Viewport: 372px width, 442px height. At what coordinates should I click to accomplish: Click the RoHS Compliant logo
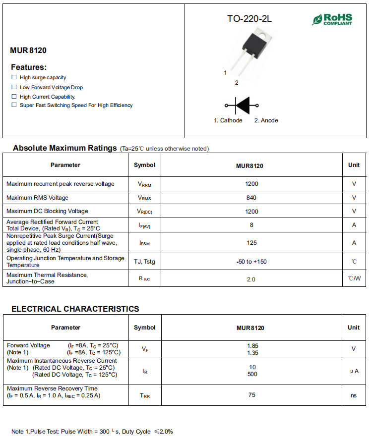332,19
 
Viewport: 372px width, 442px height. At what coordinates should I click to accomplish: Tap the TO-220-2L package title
249,19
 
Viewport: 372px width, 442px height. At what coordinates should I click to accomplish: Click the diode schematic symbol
242,105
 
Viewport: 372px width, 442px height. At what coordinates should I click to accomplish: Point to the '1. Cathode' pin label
228,120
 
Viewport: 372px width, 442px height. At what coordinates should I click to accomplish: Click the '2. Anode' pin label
266,120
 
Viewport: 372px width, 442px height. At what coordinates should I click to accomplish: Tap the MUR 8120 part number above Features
28,50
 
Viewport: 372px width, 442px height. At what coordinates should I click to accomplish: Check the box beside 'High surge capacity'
14,77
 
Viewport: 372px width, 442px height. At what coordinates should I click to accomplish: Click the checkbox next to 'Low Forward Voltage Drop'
14,87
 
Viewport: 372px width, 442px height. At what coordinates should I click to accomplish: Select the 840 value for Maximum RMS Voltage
251,198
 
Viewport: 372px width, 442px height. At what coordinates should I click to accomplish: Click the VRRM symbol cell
144,184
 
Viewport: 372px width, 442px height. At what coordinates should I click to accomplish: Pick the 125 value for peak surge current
251,243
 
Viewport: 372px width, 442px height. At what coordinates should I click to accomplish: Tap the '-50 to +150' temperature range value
251,262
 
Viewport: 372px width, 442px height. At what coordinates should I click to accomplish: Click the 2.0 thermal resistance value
251,279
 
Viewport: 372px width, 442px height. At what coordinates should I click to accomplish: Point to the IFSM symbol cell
144,243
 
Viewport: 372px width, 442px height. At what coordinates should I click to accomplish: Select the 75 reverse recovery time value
252,395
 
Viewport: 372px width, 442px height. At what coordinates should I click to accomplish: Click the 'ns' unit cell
354,395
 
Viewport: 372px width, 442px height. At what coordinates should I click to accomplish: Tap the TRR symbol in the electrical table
144,396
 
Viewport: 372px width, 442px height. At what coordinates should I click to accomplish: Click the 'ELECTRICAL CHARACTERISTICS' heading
75,309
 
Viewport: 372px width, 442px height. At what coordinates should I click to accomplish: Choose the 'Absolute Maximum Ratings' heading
64,148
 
